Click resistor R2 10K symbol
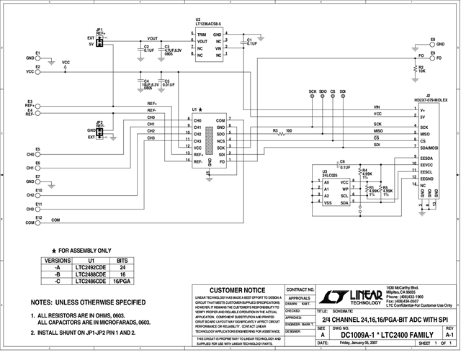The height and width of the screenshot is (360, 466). [x=413, y=71]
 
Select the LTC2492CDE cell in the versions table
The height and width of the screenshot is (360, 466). [x=91, y=266]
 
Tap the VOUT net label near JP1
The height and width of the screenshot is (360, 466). [x=152, y=39]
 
